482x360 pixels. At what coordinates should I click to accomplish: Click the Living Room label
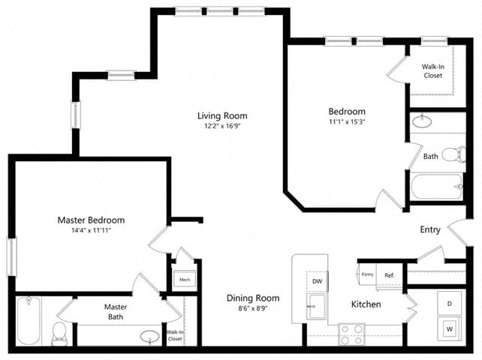click(x=222, y=115)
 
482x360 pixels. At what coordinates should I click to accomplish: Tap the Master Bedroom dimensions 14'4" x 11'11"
click(x=91, y=232)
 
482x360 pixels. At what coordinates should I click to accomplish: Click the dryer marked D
click(x=450, y=304)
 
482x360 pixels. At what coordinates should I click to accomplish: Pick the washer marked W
click(x=450, y=328)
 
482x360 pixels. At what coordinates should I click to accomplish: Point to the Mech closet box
click(x=184, y=280)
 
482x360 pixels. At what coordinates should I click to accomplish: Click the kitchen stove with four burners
click(x=351, y=331)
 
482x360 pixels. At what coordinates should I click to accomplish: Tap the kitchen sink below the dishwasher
click(x=316, y=305)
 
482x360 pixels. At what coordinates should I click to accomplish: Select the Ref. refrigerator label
click(x=390, y=275)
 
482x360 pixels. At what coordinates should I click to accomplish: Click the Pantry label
click(x=367, y=275)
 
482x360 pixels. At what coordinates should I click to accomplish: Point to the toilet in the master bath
click(x=59, y=333)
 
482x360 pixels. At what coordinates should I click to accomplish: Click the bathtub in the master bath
click(x=29, y=320)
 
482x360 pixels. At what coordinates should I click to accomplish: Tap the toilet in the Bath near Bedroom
click(x=452, y=155)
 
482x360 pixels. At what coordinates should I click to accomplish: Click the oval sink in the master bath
click(x=151, y=336)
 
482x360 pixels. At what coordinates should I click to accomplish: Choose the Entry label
click(x=429, y=229)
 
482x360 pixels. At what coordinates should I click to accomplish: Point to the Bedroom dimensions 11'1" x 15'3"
click(x=346, y=121)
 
